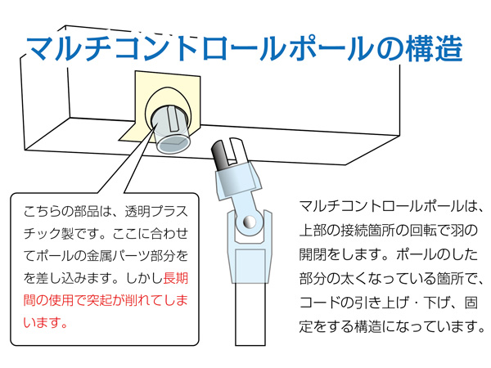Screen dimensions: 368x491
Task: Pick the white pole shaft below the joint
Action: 252,327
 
